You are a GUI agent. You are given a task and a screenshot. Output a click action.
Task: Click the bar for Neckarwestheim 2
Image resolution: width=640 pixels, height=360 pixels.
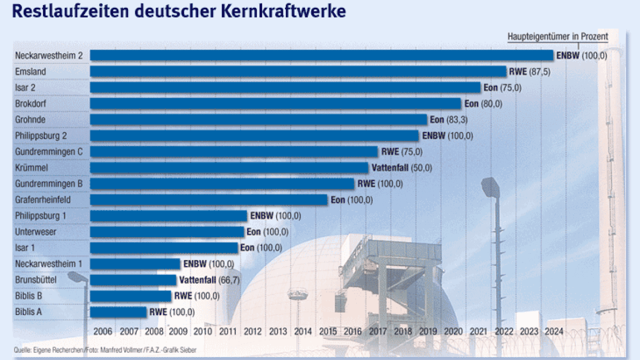click(x=321, y=55)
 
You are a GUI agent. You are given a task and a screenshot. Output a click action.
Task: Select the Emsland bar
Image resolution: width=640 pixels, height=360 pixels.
click(x=298, y=71)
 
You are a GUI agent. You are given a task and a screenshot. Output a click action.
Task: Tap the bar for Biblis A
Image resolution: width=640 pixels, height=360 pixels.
click(x=118, y=312)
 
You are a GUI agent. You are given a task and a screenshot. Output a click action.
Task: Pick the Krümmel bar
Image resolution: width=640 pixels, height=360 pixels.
click(x=229, y=168)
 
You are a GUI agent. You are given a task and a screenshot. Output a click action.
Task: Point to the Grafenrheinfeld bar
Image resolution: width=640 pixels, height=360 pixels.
click(x=209, y=200)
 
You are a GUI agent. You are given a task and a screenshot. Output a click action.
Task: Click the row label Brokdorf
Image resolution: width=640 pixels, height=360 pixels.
click(x=30, y=104)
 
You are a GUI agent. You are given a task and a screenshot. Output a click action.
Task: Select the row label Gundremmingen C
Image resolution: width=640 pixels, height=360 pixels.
click(x=49, y=152)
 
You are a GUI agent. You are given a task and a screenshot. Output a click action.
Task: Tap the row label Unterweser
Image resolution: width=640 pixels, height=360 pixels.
click(x=36, y=232)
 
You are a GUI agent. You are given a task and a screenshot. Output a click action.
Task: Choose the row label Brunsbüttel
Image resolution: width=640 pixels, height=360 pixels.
click(x=36, y=280)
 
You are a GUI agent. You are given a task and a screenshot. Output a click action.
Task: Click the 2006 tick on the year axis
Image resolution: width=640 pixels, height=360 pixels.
click(x=103, y=332)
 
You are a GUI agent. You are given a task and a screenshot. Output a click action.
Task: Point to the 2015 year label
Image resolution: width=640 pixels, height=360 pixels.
click(x=328, y=332)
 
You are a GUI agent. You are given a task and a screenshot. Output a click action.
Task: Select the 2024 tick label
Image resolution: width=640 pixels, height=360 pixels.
click(x=553, y=332)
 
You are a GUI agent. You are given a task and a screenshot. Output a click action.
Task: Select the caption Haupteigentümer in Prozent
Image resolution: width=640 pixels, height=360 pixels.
click(x=557, y=37)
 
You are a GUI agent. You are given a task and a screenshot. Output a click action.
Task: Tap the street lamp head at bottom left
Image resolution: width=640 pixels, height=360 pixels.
click(x=78, y=277)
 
